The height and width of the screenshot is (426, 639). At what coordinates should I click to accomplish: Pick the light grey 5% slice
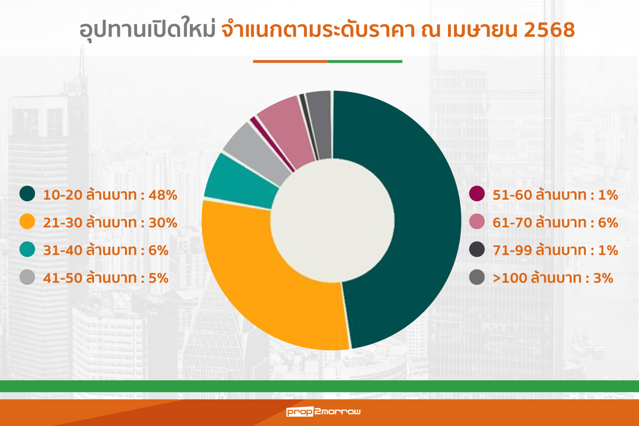pos(255,152)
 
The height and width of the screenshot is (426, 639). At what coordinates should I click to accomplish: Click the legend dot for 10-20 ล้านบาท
pos(27,194)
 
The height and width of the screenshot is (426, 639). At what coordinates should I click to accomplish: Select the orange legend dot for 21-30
pos(27,222)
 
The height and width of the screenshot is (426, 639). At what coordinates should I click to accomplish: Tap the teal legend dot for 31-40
pos(27,249)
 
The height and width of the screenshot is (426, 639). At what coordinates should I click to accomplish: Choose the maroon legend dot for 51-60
pos(477,194)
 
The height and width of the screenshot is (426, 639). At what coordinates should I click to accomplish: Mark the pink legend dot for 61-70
pos(477,222)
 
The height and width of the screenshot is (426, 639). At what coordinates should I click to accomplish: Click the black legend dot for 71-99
pos(477,249)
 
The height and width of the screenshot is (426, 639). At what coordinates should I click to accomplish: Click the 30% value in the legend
pos(163,223)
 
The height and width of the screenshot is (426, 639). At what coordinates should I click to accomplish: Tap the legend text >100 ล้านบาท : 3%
pos(553,278)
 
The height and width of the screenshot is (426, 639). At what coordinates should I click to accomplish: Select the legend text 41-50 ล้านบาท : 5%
pos(106,278)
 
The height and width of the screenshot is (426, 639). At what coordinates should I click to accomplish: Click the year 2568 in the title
pos(549,30)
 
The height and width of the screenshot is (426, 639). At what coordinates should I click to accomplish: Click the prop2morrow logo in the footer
pos(323,411)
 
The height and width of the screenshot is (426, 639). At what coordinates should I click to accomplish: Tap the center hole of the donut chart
pos(332,221)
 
